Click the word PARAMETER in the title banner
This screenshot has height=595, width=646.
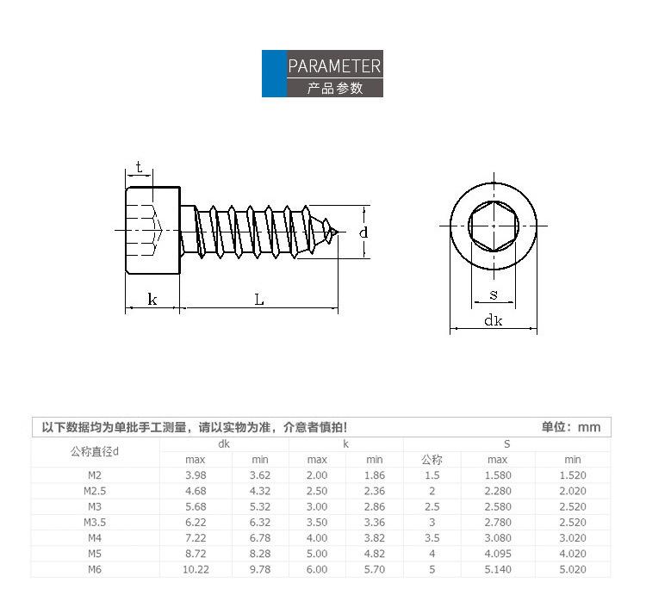(x=334, y=66)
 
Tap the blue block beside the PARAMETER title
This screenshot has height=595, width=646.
(x=275, y=74)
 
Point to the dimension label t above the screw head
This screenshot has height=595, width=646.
(x=140, y=167)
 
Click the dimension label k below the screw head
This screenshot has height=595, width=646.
(x=152, y=299)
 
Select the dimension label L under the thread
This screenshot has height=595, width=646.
(x=259, y=300)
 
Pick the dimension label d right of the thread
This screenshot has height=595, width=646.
(x=363, y=232)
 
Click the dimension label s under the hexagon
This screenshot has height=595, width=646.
(x=494, y=294)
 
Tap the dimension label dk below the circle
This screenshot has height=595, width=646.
(x=494, y=320)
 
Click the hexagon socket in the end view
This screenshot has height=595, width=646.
(x=494, y=226)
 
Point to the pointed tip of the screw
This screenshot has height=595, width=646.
(x=338, y=232)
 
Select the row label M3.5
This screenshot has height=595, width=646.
(x=95, y=522)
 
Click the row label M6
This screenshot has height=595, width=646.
(x=95, y=569)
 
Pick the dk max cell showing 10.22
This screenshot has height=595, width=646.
(x=196, y=569)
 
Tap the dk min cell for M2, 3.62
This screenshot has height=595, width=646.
(x=260, y=475)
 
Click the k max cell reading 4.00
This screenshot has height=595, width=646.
(x=317, y=538)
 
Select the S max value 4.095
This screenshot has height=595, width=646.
(x=498, y=554)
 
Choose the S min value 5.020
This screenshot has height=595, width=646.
(x=573, y=569)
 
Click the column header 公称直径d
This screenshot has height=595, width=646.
(x=95, y=452)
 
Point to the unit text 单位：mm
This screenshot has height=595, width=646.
(x=570, y=427)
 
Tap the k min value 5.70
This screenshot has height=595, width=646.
(x=375, y=569)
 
